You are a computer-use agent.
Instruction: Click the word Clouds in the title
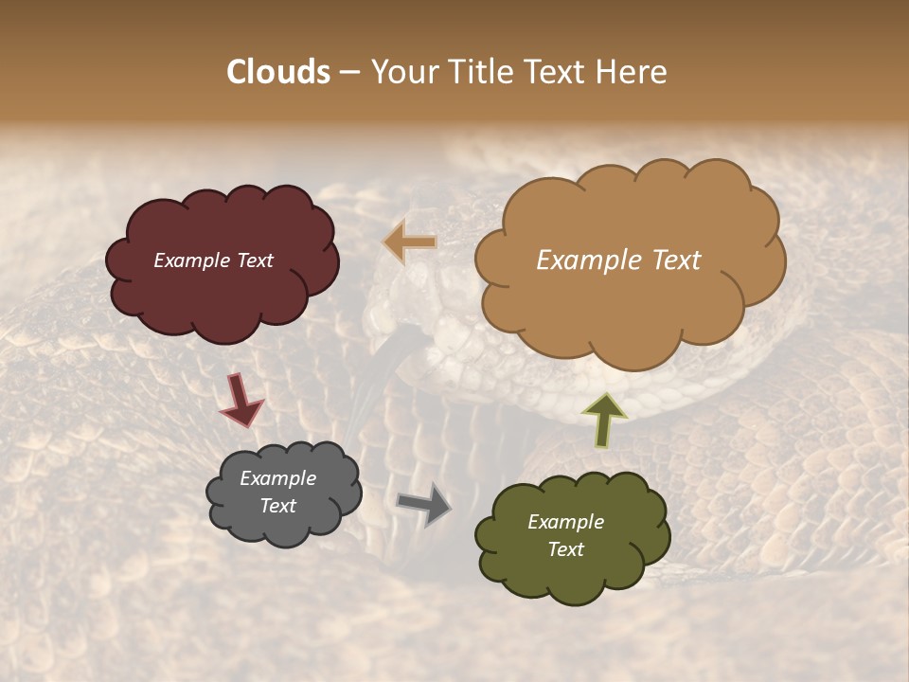(x=278, y=72)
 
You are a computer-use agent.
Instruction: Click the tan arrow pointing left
(x=410, y=242)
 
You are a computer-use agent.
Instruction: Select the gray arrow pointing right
(x=423, y=503)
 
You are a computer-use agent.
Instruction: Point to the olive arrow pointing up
(x=603, y=421)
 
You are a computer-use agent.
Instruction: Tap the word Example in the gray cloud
(x=277, y=478)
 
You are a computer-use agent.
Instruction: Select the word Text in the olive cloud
(x=565, y=549)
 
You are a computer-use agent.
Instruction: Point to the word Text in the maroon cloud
(x=256, y=260)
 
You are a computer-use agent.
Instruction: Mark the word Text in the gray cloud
(x=277, y=506)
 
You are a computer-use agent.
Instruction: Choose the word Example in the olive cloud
(x=565, y=522)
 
